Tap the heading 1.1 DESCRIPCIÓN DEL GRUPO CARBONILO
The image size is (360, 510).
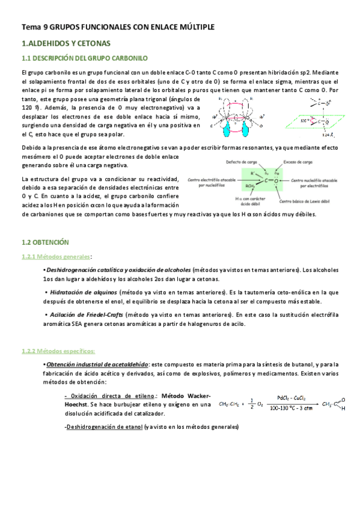(84, 58)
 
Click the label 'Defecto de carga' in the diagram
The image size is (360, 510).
(242, 162)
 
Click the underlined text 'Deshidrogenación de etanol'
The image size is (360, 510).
(105, 427)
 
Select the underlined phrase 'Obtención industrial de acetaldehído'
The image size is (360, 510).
(97, 364)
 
